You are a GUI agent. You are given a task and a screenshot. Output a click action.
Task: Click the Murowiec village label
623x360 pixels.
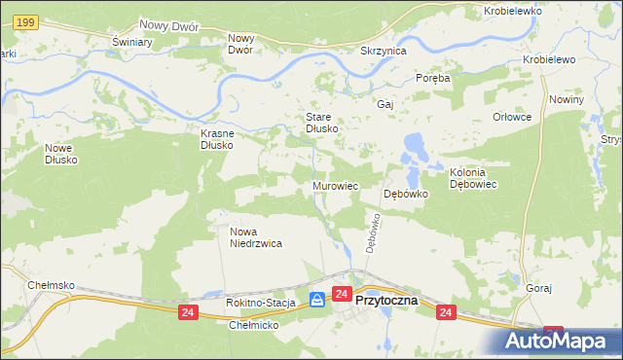tap(336, 185)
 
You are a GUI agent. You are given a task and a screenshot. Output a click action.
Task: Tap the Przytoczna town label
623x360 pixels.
tap(386, 301)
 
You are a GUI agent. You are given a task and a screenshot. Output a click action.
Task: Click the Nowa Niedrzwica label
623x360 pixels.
tap(255, 237)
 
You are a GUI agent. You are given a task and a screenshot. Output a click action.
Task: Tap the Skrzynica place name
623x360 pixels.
tap(383, 51)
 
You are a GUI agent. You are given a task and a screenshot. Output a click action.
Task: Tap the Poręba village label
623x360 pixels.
tap(432, 78)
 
